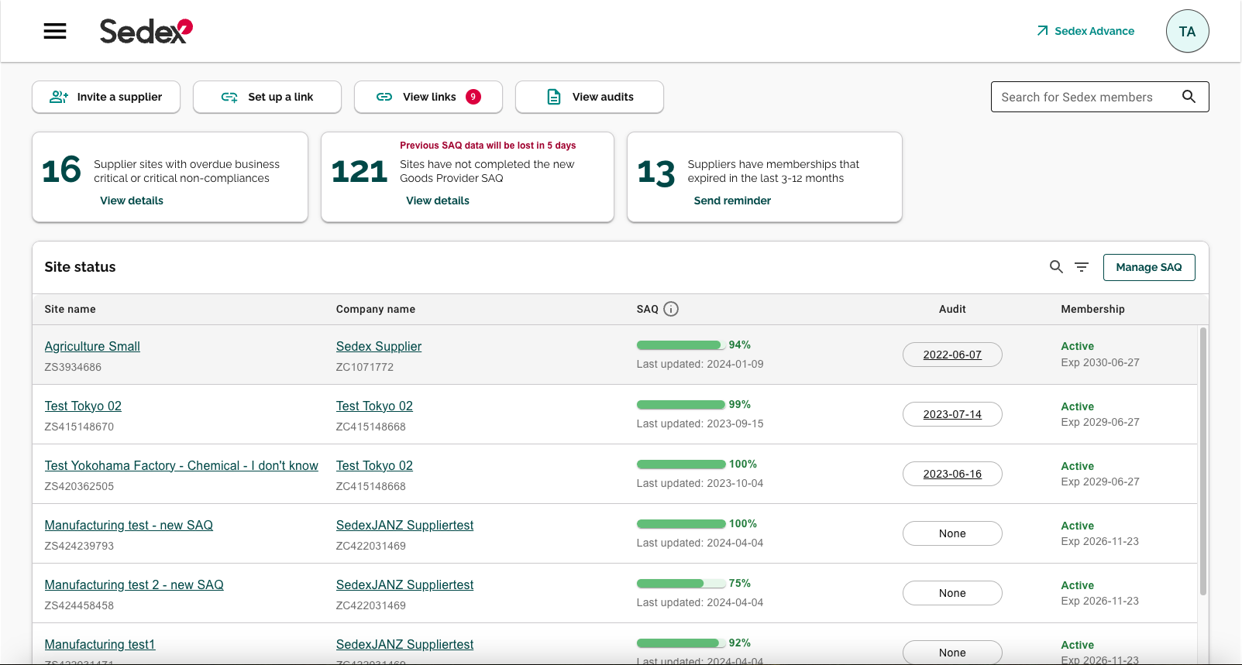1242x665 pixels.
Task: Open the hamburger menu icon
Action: pyautogui.click(x=55, y=31)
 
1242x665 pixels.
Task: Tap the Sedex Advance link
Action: pyautogui.click(x=1085, y=31)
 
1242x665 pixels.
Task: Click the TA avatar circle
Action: pyautogui.click(x=1187, y=31)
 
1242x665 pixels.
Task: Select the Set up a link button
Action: pyautogui.click(x=267, y=97)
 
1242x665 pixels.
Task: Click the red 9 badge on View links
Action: pyautogui.click(x=473, y=97)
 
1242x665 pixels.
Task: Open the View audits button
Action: pyautogui.click(x=590, y=97)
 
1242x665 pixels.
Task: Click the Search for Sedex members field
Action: pyautogui.click(x=1085, y=97)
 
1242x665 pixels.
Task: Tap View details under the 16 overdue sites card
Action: pyautogui.click(x=132, y=201)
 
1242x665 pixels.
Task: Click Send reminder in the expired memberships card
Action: pyautogui.click(x=732, y=201)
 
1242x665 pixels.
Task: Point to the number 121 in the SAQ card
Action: pyautogui.click(x=360, y=171)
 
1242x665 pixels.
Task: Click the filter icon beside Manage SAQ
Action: pyautogui.click(x=1082, y=267)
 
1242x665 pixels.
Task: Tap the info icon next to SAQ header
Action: pyautogui.click(x=671, y=309)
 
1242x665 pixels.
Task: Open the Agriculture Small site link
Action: pyautogui.click(x=92, y=346)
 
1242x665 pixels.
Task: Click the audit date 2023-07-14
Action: pyautogui.click(x=952, y=414)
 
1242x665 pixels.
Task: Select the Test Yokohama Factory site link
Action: pyautogui.click(x=181, y=465)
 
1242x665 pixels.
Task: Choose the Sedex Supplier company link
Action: pyautogui.click(x=379, y=346)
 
